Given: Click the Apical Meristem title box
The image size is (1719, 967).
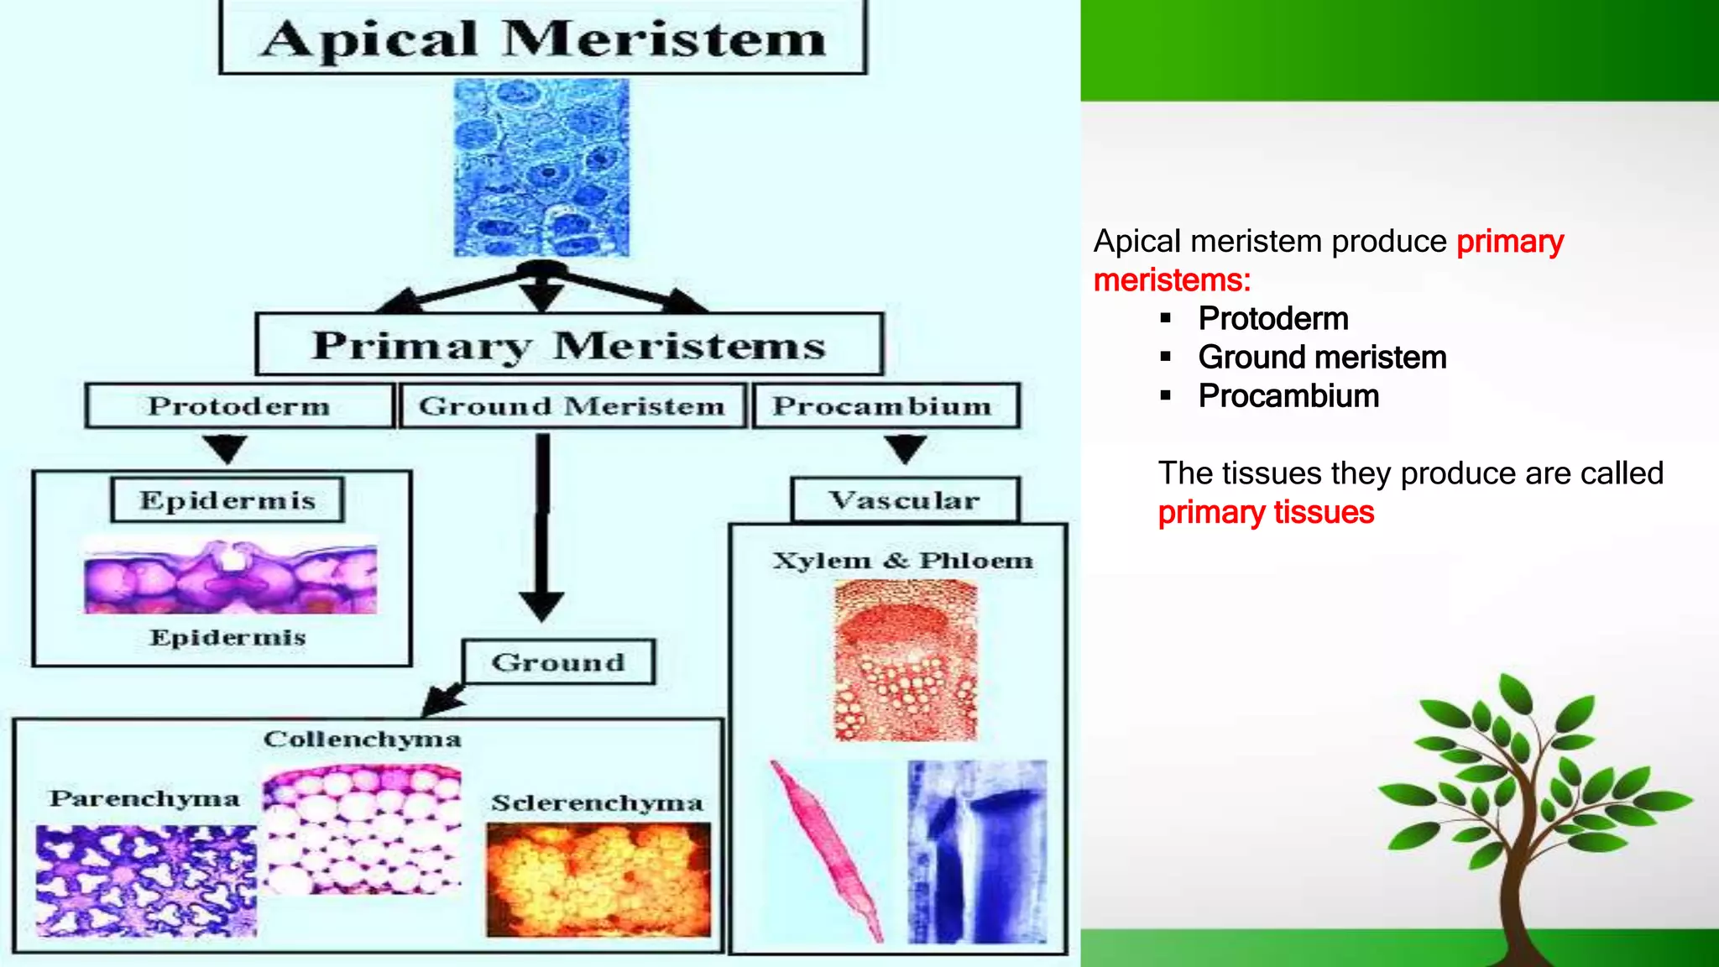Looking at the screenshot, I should (x=542, y=39).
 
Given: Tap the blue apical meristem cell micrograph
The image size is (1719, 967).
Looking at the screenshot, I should (x=541, y=168).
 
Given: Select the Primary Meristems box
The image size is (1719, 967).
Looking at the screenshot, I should (x=569, y=344).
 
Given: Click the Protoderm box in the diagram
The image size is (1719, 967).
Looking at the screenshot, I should (x=239, y=406).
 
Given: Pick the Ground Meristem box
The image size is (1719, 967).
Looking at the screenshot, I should (x=572, y=406).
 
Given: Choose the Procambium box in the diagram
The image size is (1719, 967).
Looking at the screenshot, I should (x=886, y=406).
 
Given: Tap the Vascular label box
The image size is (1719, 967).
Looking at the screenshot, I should (x=905, y=500).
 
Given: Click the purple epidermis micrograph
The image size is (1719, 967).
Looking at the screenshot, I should (x=231, y=578).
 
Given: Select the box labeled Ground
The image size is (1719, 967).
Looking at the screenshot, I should (x=558, y=662).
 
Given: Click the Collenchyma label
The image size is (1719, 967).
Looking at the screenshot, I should (x=363, y=740).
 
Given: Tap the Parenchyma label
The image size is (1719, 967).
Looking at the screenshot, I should (x=144, y=798).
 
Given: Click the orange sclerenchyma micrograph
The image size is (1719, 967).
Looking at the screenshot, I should (x=598, y=879).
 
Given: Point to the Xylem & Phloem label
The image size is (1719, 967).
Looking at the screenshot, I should (x=902, y=561).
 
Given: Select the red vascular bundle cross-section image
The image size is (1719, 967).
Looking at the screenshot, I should (x=906, y=661).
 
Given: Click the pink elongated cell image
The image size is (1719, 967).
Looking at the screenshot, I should (x=827, y=848).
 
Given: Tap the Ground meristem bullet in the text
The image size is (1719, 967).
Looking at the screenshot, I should (x=1322, y=358).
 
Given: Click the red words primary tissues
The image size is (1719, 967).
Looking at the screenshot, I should (x=1266, y=512).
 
